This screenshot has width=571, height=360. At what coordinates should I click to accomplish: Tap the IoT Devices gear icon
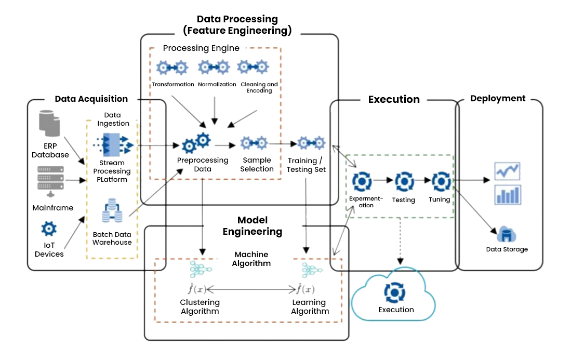pyautogui.click(x=49, y=228)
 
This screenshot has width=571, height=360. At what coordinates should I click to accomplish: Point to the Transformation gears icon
pyautogui.click(x=172, y=68)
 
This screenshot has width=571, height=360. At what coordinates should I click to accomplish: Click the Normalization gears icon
pyautogui.click(x=214, y=67)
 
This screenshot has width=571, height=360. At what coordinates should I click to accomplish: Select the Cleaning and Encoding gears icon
pyautogui.click(x=253, y=67)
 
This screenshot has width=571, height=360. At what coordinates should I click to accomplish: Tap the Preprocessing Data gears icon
pyautogui.click(x=196, y=142)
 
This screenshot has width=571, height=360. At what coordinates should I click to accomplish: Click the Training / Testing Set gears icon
pyautogui.click(x=311, y=143)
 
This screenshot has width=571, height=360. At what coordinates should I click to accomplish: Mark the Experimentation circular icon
pyautogui.click(x=362, y=181)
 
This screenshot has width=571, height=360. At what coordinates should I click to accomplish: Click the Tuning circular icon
pyautogui.click(x=440, y=181)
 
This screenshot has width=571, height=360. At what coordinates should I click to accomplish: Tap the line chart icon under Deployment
pyautogui.click(x=508, y=170)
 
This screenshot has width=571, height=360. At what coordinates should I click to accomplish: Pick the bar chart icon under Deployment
pyautogui.click(x=508, y=195)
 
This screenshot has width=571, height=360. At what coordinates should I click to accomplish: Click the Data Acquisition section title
pyautogui.click(x=91, y=99)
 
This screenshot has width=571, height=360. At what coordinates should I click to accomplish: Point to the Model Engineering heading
pyautogui.click(x=252, y=226)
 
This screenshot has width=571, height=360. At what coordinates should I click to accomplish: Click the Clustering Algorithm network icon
pyautogui.click(x=198, y=270)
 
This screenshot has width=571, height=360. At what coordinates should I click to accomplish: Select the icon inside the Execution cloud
pyautogui.click(x=394, y=292)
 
